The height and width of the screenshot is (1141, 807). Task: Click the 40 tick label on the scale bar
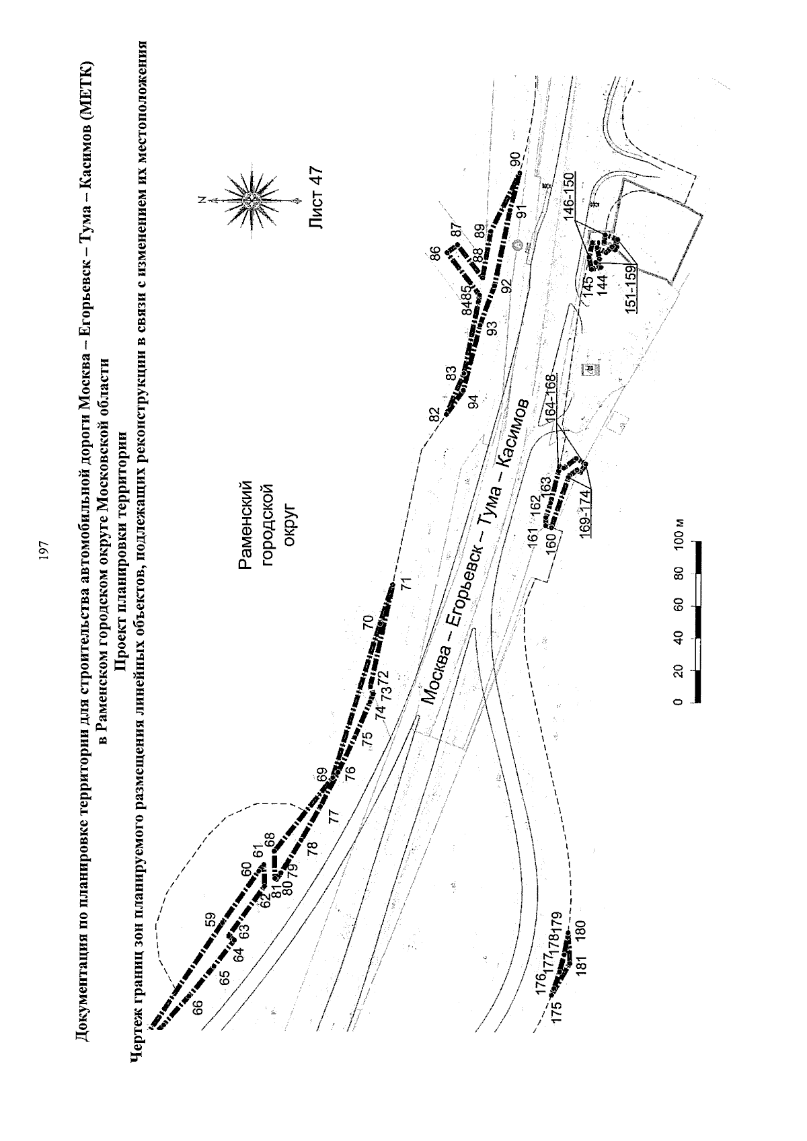(680, 638)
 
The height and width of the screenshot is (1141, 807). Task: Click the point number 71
(405, 583)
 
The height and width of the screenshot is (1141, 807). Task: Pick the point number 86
(436, 253)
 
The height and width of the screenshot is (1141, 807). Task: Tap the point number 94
(473, 402)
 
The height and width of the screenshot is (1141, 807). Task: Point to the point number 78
(311, 848)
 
